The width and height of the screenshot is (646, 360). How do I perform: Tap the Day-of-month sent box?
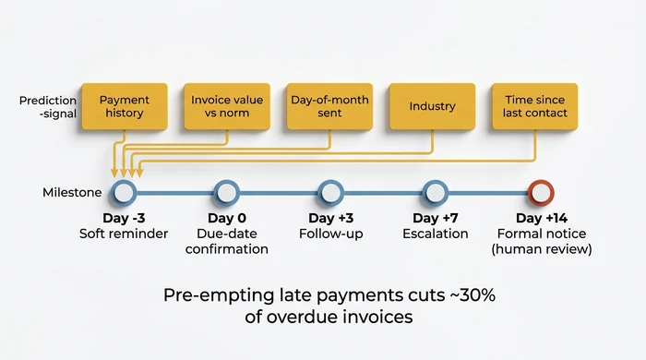[329, 106]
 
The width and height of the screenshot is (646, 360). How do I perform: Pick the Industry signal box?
[432, 106]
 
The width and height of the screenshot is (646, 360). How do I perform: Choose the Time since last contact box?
[536, 106]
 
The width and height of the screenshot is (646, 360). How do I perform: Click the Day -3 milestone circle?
[124, 193]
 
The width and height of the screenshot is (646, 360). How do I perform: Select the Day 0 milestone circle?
[227, 193]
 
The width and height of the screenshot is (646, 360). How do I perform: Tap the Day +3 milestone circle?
[330, 193]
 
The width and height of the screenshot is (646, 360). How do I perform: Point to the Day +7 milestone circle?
[435, 193]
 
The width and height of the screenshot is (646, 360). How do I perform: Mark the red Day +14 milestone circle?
[541, 193]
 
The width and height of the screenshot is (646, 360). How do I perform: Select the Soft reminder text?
[124, 234]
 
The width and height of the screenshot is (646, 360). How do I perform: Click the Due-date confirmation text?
[227, 241]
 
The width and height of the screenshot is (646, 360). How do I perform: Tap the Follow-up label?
[330, 234]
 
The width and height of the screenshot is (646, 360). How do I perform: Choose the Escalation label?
[435, 234]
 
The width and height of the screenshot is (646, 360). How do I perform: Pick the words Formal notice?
[542, 234]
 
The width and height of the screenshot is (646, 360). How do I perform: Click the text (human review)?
[542, 249]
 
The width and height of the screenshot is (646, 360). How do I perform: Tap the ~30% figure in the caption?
[458, 295]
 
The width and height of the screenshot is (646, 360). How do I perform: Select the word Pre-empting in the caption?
[213, 295]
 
